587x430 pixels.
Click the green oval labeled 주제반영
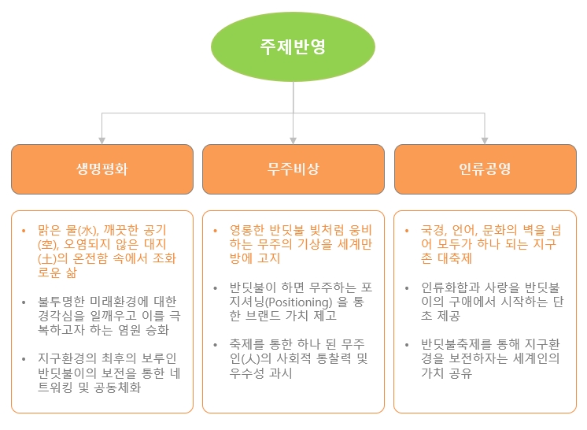(293, 46)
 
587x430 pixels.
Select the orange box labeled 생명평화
(102, 169)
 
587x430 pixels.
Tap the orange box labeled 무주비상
(293, 169)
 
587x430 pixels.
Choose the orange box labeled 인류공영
(485, 169)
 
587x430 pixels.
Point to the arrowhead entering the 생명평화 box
(102, 141)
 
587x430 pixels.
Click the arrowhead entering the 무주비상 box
(293, 141)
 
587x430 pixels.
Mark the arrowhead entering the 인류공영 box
(485, 141)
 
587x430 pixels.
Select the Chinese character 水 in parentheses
(87, 230)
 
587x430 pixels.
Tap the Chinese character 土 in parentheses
(46, 259)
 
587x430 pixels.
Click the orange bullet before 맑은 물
(24, 230)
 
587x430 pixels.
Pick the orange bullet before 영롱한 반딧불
(216, 230)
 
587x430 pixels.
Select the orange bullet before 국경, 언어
(407, 230)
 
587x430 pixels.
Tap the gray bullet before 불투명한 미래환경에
(24, 302)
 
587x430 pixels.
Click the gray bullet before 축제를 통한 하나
(216, 345)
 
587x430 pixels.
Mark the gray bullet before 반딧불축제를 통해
(407, 345)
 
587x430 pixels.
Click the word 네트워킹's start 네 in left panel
(175, 373)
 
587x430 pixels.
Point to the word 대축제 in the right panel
(455, 258)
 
